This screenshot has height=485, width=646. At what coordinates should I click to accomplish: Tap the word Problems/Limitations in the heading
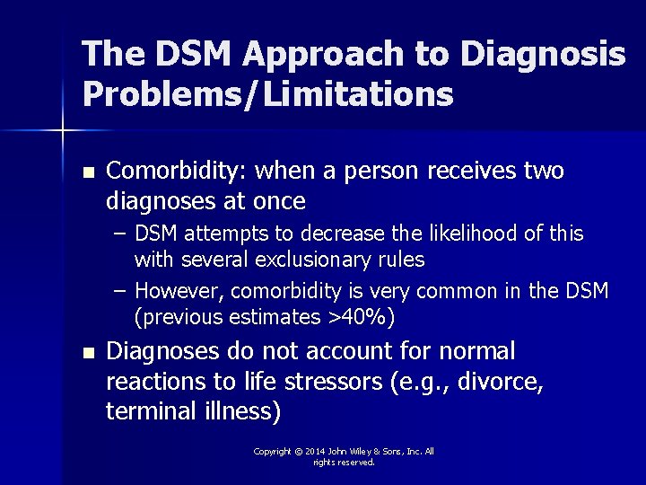click(x=267, y=93)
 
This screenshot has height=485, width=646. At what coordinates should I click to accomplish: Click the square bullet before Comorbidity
click(x=86, y=171)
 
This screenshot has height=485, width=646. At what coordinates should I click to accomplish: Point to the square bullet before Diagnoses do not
click(x=86, y=351)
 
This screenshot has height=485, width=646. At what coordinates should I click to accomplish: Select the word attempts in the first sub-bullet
click(x=228, y=234)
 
